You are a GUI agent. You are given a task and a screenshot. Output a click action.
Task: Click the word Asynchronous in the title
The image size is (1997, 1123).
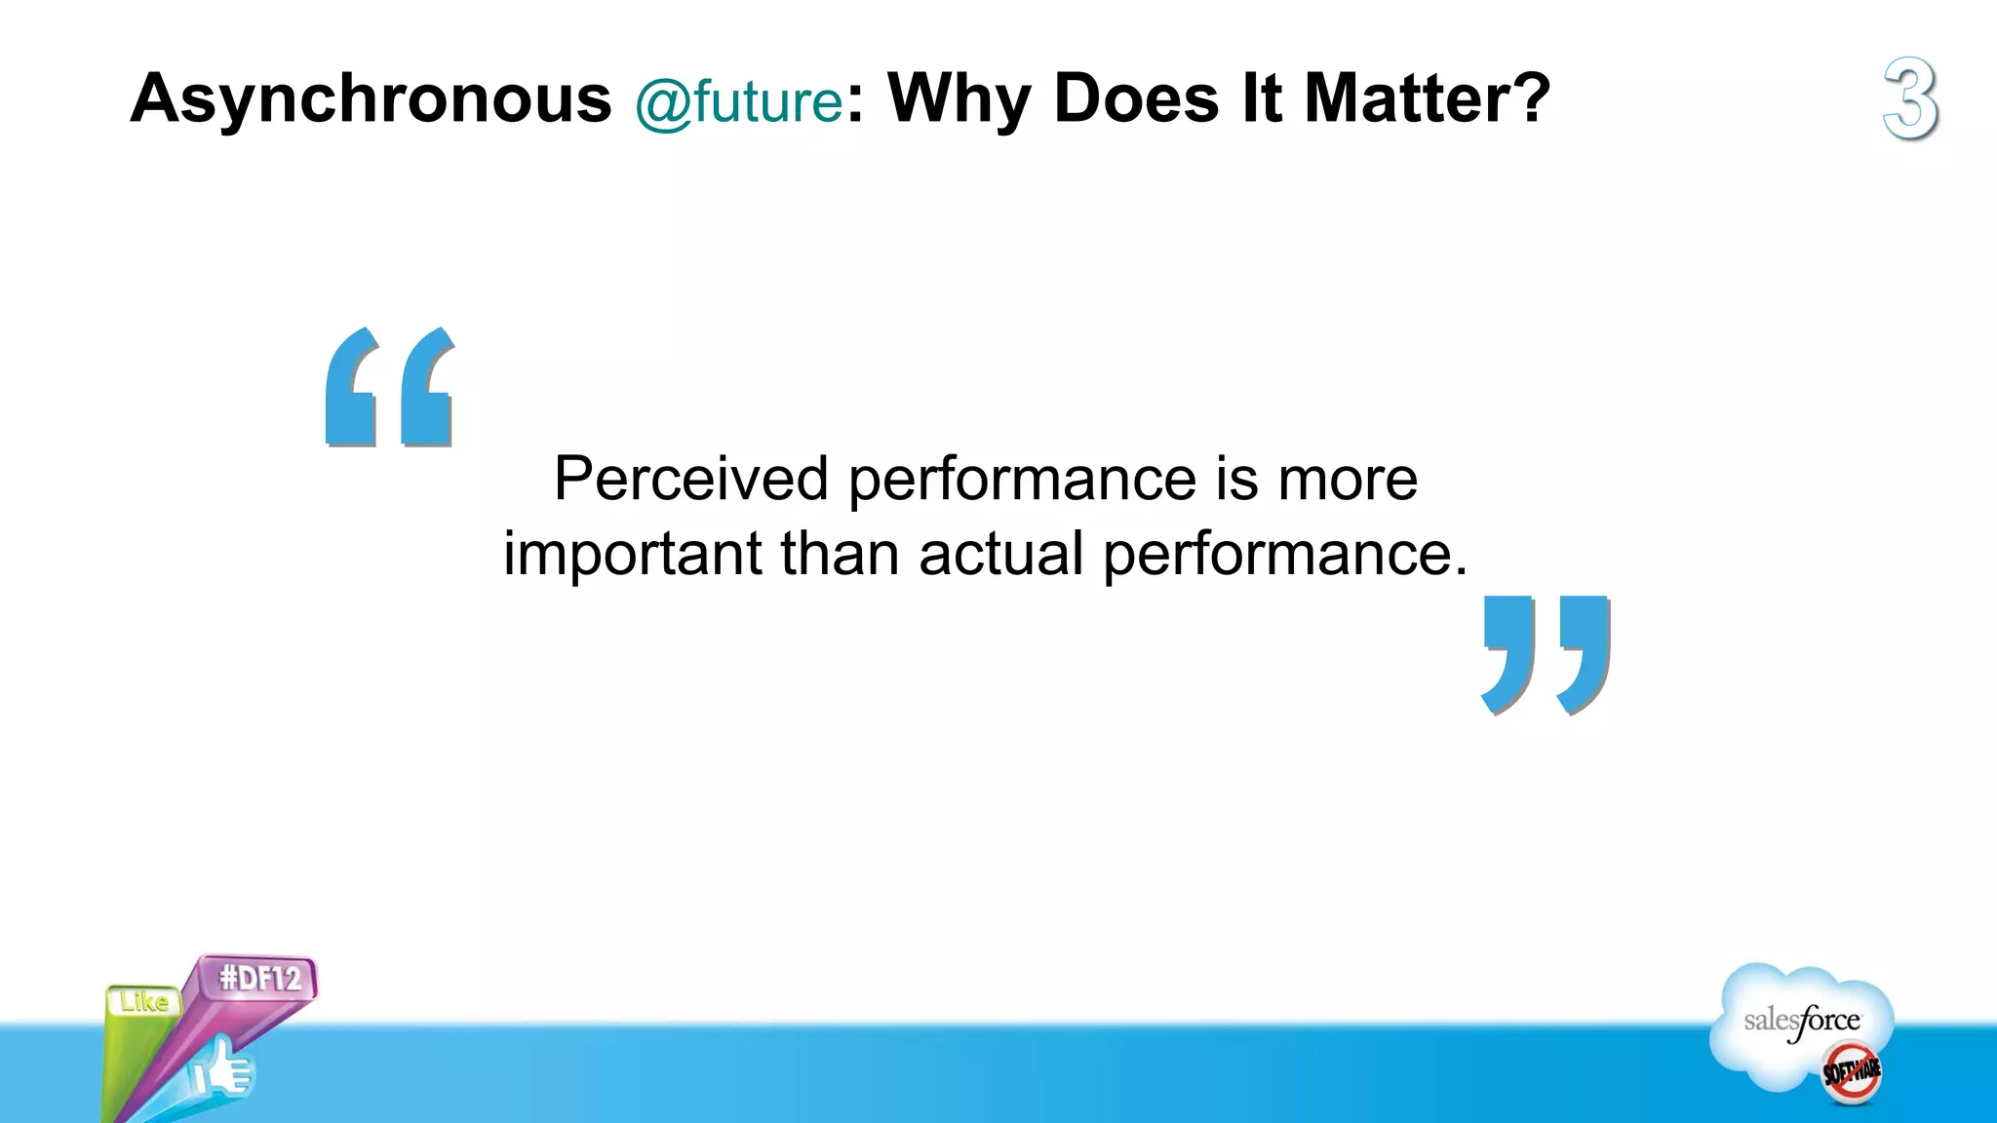click(x=371, y=99)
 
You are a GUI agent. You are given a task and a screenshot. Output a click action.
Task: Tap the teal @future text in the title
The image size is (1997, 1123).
click(x=738, y=102)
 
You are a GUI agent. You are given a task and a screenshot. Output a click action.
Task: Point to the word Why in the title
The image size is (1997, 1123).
click(x=959, y=99)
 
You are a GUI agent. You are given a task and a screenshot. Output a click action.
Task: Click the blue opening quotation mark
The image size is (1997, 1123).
click(x=390, y=387)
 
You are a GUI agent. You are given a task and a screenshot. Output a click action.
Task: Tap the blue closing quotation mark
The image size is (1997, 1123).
click(x=1547, y=654)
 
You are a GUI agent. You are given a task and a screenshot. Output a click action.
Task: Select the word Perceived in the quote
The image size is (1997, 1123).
click(x=690, y=479)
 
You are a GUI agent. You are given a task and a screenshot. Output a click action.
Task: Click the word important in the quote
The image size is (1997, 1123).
click(x=632, y=554)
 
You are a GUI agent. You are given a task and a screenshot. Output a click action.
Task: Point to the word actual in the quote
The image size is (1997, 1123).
click(x=1000, y=554)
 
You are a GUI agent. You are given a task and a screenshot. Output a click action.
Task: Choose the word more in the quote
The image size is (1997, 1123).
click(x=1348, y=479)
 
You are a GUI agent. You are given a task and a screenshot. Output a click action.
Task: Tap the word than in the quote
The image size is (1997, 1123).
click(x=839, y=554)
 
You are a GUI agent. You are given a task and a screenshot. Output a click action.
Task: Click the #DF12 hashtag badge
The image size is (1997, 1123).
click(x=259, y=977)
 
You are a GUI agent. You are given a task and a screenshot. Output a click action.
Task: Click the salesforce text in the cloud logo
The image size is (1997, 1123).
click(x=1802, y=1022)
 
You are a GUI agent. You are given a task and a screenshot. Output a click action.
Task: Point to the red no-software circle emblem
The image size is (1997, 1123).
click(x=1852, y=1072)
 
